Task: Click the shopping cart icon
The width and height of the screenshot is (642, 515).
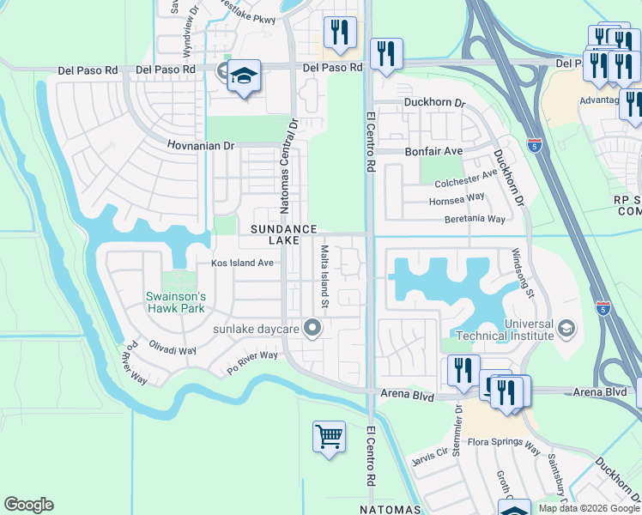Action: click(329, 437)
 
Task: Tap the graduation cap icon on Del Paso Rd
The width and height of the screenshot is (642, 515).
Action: click(244, 76)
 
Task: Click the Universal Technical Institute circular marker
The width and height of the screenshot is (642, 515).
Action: click(566, 329)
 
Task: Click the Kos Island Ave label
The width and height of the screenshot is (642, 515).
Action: click(243, 263)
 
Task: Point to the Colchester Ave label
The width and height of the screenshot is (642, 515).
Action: click(466, 179)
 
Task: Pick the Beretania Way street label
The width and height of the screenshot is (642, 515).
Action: click(475, 219)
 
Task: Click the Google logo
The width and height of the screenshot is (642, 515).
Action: click(28, 505)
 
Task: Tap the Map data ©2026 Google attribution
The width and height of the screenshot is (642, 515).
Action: click(588, 508)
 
